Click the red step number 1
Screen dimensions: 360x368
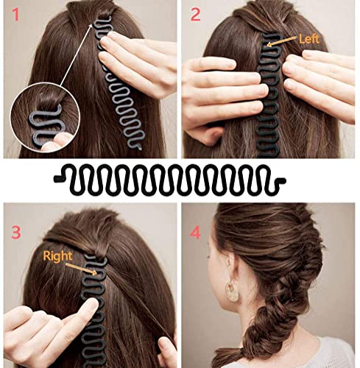(15, 15)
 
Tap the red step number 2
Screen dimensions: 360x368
(195, 15)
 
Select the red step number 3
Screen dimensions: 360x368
(16, 233)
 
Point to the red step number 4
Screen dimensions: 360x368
(196, 233)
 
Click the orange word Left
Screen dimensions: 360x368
(309, 39)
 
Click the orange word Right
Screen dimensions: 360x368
(57, 256)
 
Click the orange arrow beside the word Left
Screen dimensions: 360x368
(281, 41)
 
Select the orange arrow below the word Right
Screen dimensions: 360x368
(81, 269)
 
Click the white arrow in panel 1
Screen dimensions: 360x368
(77, 54)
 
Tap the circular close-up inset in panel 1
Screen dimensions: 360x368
(45, 118)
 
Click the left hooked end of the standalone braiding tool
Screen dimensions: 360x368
(58, 179)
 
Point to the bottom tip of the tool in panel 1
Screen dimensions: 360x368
(139, 148)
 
